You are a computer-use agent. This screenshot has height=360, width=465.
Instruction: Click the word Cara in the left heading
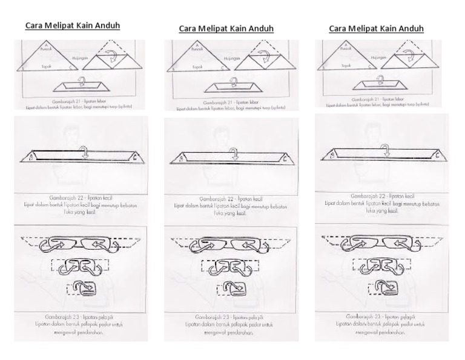(x=34, y=26)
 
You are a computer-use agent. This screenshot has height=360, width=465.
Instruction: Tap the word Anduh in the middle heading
(x=260, y=28)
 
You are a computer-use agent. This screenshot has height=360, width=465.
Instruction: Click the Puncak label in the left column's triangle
(x=42, y=48)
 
